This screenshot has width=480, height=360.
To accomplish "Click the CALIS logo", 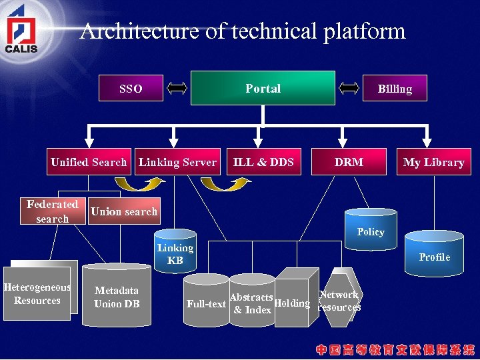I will point(22,30).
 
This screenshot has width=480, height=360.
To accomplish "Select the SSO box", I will point(131,88).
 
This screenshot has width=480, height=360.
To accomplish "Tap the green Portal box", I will point(263,88).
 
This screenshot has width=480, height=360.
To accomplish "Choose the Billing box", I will point(395,88).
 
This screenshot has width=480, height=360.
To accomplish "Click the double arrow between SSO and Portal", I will point(177,87).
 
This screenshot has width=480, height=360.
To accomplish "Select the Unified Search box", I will point(89,162).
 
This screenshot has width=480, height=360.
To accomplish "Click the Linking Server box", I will point(177,162).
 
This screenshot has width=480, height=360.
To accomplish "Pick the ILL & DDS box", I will point(263,162).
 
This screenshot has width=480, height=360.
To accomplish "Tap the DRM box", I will point(349,162).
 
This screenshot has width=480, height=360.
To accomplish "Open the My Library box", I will point(433,162).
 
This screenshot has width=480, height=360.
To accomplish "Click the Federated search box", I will point(53,211).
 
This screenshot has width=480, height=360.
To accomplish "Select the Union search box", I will point(124,211).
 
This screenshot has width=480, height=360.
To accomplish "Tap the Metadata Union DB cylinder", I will point(117,297).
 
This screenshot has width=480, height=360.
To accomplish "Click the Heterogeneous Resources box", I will point(37,294).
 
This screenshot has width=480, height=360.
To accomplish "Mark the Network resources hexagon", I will point(339,300).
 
